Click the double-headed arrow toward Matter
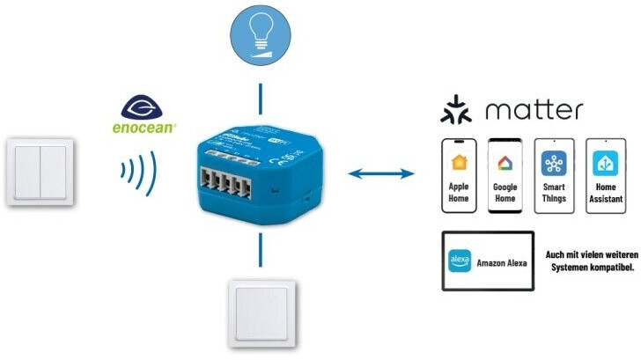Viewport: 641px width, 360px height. [x=381, y=174]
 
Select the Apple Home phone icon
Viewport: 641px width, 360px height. [x=459, y=175]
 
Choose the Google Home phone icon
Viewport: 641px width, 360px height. [x=506, y=175]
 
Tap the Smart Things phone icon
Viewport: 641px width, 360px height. [x=555, y=175]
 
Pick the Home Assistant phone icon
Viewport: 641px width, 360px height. [x=605, y=175]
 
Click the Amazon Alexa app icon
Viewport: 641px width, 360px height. [x=460, y=261]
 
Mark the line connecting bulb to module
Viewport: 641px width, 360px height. [x=260, y=96]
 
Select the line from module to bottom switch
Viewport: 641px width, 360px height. [x=259, y=249]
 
